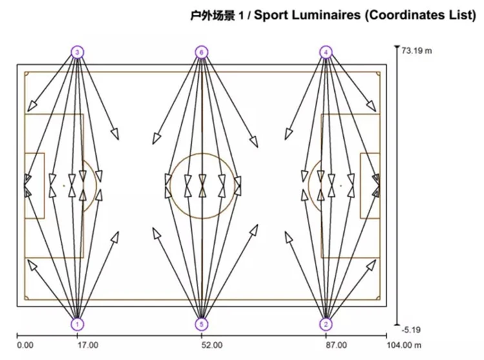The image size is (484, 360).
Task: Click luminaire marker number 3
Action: (77, 52)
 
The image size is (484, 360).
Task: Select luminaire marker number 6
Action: (201, 52)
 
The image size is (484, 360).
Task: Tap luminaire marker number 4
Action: (326, 52)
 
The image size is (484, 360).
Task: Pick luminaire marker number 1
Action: (77, 325)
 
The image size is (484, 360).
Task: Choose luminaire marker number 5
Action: (201, 325)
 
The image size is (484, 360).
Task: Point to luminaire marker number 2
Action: (326, 325)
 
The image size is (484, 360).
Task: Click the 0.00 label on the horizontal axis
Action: (25, 345)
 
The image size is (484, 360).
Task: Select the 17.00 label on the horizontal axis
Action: (88, 345)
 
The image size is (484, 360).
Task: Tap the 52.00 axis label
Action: (212, 345)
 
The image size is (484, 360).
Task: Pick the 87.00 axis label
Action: (336, 345)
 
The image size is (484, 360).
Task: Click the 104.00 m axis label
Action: (404, 345)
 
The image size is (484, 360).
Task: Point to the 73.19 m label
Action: (417, 50)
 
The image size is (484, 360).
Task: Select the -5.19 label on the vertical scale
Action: (411, 330)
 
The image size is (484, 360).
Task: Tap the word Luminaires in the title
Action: (326, 15)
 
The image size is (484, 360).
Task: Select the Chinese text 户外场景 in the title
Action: (212, 15)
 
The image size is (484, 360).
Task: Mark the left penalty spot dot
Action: (64, 186)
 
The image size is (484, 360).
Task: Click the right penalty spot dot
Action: (341, 186)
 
